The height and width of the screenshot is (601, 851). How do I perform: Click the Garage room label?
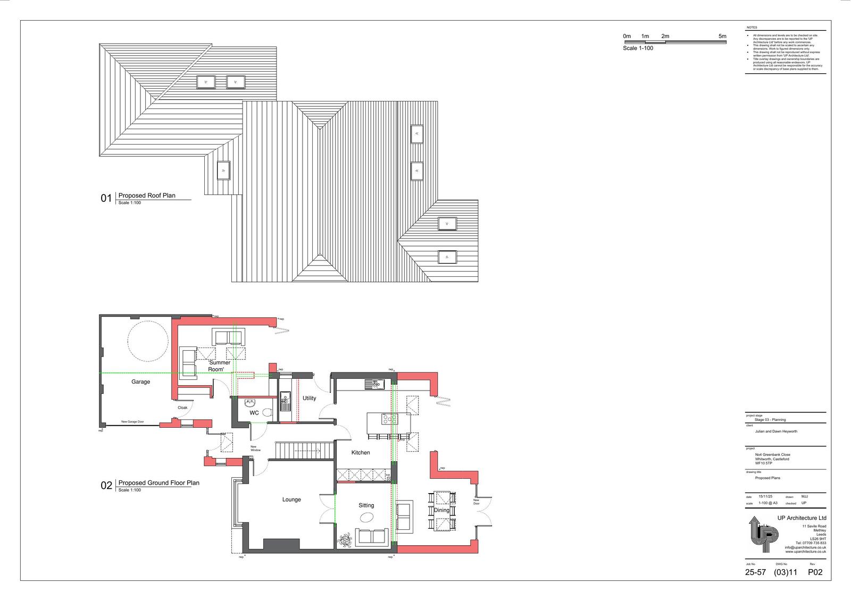[x=141, y=382]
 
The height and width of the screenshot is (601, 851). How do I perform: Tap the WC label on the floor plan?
[x=254, y=413]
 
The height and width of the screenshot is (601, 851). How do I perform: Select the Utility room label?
[x=309, y=398]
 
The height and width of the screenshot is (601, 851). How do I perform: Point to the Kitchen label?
[x=361, y=453]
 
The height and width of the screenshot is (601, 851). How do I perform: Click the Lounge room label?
[x=291, y=500]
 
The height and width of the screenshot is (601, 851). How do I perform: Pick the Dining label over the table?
[x=441, y=510]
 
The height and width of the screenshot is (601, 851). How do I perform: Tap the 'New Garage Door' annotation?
[x=132, y=421]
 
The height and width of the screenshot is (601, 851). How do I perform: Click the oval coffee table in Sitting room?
[x=367, y=517]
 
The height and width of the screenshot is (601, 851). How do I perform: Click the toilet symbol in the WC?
[x=268, y=412]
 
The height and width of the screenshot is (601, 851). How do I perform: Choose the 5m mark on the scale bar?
[x=722, y=36]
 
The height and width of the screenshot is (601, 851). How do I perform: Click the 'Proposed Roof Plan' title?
[x=147, y=196]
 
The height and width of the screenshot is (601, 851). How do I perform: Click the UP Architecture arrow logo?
[x=762, y=538]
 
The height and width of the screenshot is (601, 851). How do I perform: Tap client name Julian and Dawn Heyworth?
[x=775, y=431]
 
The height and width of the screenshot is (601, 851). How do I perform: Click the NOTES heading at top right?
[x=752, y=27]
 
